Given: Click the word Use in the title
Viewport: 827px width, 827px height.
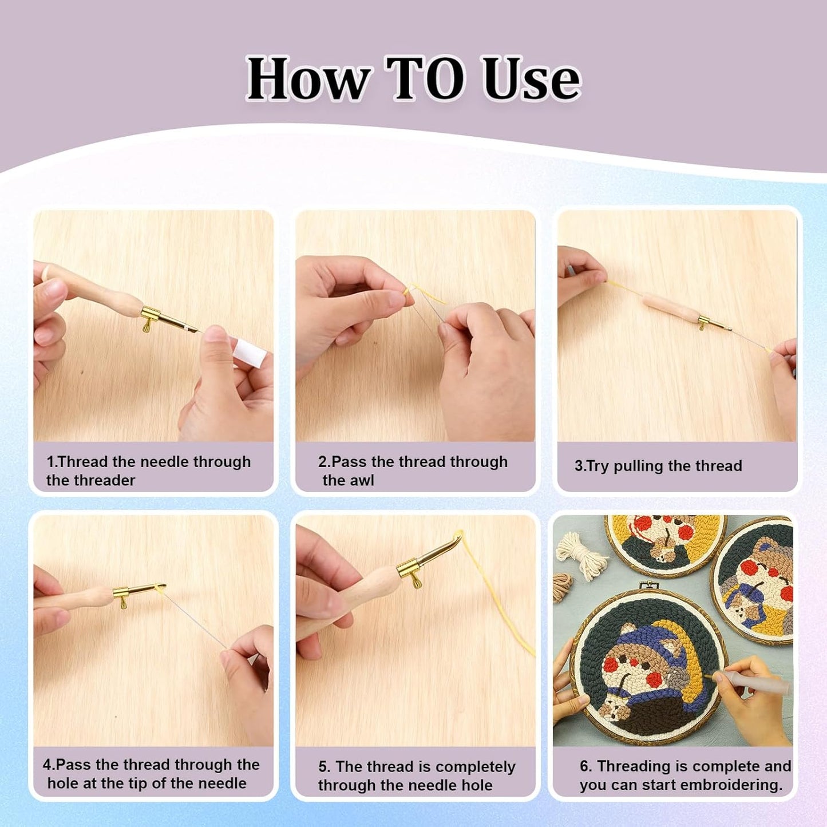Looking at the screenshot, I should coord(531,79).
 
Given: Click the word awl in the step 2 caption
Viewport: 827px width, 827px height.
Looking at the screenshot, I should coord(362,480).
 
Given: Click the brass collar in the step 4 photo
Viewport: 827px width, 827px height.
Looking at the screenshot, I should coord(123,592).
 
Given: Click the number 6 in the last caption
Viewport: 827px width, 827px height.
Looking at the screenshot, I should coord(584,766).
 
